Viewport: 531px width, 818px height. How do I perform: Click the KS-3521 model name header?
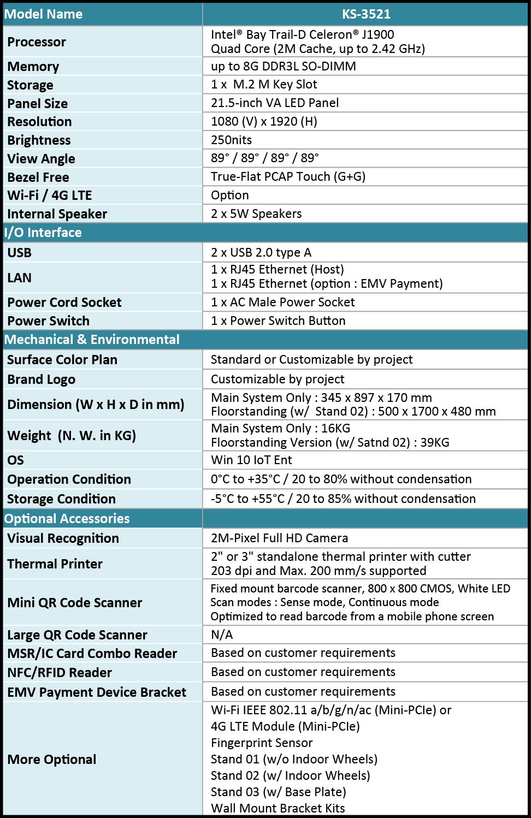click(365, 14)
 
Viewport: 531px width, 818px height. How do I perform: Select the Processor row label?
click(37, 42)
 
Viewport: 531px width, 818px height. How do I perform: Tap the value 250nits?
click(231, 140)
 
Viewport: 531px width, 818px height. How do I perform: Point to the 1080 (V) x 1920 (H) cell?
click(264, 121)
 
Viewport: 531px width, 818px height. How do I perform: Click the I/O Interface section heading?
click(43, 233)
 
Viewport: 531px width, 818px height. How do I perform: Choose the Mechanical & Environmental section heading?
click(92, 340)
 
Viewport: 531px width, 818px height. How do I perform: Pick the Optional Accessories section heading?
click(67, 519)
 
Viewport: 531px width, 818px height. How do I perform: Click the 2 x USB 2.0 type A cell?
click(261, 252)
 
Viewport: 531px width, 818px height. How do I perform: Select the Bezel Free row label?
click(38, 177)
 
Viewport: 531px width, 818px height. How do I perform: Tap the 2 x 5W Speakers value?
click(256, 214)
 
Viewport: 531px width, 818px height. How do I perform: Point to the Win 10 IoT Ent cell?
click(251, 460)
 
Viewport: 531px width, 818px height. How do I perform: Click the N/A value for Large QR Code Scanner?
click(222, 635)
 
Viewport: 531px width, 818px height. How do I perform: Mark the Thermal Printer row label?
click(55, 564)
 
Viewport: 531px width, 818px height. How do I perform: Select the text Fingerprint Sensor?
click(262, 743)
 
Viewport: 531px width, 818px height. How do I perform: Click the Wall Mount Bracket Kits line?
click(278, 808)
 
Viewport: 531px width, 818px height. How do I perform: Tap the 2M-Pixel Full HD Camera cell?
click(279, 538)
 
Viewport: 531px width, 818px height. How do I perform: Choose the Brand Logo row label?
click(41, 380)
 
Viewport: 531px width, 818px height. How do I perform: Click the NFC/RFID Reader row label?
click(60, 673)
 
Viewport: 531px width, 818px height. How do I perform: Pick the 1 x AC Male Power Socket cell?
click(282, 302)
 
